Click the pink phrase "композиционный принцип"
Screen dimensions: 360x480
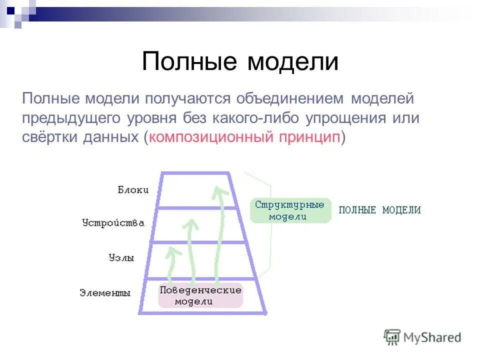[x=244, y=137]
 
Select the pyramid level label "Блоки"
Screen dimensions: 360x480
[x=133, y=189]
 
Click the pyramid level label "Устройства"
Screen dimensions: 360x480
[x=113, y=223]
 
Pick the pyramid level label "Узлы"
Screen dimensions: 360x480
[x=121, y=258]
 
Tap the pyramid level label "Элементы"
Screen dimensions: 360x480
[x=105, y=293]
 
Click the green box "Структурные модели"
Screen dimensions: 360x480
[x=290, y=210]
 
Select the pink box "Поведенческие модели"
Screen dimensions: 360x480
[x=200, y=295]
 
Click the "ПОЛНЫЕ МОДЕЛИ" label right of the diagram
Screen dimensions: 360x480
[x=379, y=210]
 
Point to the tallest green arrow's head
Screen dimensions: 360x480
[x=217, y=191]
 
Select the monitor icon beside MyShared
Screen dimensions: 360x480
[x=392, y=337]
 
